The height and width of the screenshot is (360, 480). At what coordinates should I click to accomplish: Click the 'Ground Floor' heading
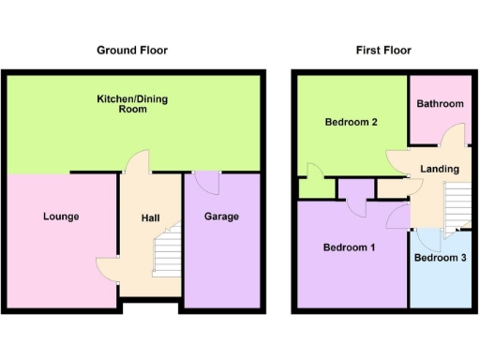click(x=132, y=50)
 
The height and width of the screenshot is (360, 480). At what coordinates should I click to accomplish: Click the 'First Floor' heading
click(x=382, y=50)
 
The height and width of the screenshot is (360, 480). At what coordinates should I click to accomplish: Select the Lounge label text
click(x=61, y=217)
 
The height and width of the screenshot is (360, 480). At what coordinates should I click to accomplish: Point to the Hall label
click(x=150, y=218)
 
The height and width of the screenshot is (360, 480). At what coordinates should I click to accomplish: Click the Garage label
click(x=221, y=217)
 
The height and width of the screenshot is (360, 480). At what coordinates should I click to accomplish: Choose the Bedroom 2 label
click(x=351, y=123)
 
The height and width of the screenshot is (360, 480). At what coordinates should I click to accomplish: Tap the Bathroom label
click(x=441, y=104)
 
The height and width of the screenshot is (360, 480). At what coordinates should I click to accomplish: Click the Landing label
click(x=440, y=169)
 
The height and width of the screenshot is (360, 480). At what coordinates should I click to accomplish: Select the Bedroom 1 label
click(x=349, y=247)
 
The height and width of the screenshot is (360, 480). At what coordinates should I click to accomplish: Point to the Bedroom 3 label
click(x=439, y=258)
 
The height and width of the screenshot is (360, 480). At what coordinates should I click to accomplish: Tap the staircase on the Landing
click(x=457, y=204)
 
